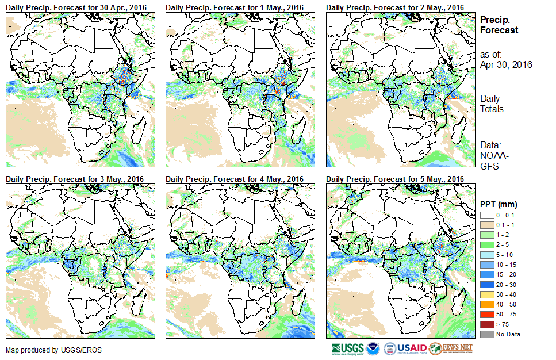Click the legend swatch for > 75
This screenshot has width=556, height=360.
click(x=486, y=324)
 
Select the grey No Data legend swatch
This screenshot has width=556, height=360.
click(x=486, y=334)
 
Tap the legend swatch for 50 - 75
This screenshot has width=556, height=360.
click(x=486, y=315)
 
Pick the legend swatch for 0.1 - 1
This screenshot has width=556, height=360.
click(x=486, y=225)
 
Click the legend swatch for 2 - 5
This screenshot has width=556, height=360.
click(x=486, y=245)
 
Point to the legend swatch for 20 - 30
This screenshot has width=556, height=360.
click(x=486, y=285)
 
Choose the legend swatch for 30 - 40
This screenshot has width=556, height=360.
click(x=486, y=294)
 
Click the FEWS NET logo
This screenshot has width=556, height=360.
click(x=451, y=349)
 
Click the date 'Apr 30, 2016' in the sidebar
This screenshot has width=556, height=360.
click(x=506, y=64)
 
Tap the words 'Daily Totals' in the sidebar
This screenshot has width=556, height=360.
click(x=492, y=104)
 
